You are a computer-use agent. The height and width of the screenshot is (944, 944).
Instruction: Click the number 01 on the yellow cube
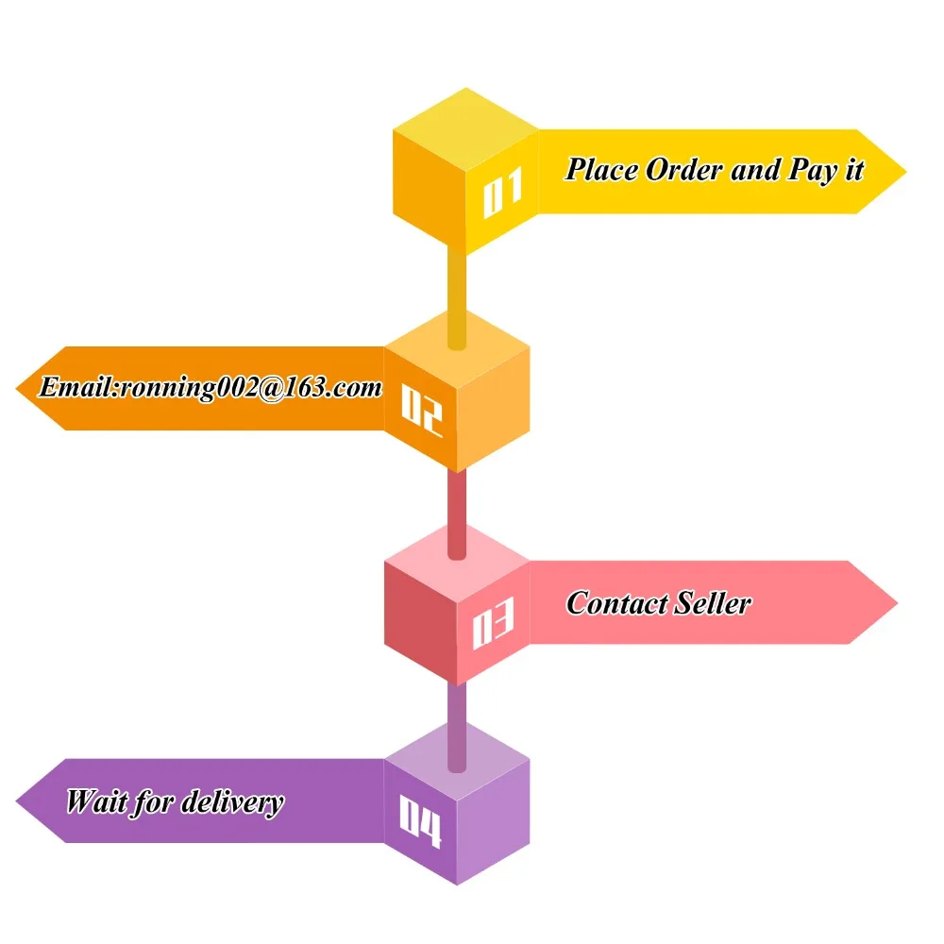[502, 194]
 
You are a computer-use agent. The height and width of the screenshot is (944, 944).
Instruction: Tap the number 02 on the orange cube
[421, 408]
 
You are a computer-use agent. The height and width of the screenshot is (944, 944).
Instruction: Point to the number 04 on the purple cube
[420, 821]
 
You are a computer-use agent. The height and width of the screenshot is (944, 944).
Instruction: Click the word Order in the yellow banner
[683, 170]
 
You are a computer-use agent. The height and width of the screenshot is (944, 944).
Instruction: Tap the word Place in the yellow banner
[601, 170]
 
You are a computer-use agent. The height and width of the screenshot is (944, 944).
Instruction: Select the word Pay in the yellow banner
[811, 171]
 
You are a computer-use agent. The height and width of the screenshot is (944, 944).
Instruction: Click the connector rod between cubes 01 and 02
[457, 293]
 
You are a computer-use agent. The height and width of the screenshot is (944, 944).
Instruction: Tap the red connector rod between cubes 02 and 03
[457, 510]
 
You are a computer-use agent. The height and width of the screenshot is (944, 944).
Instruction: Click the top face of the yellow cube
[465, 124]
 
